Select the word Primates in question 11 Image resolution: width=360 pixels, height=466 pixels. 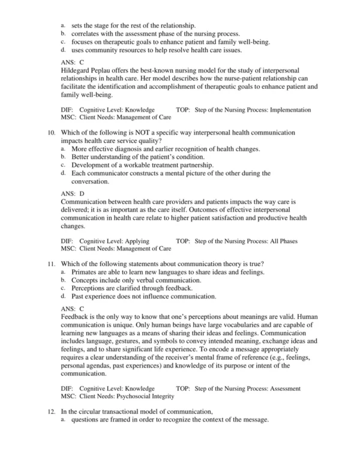85,272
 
